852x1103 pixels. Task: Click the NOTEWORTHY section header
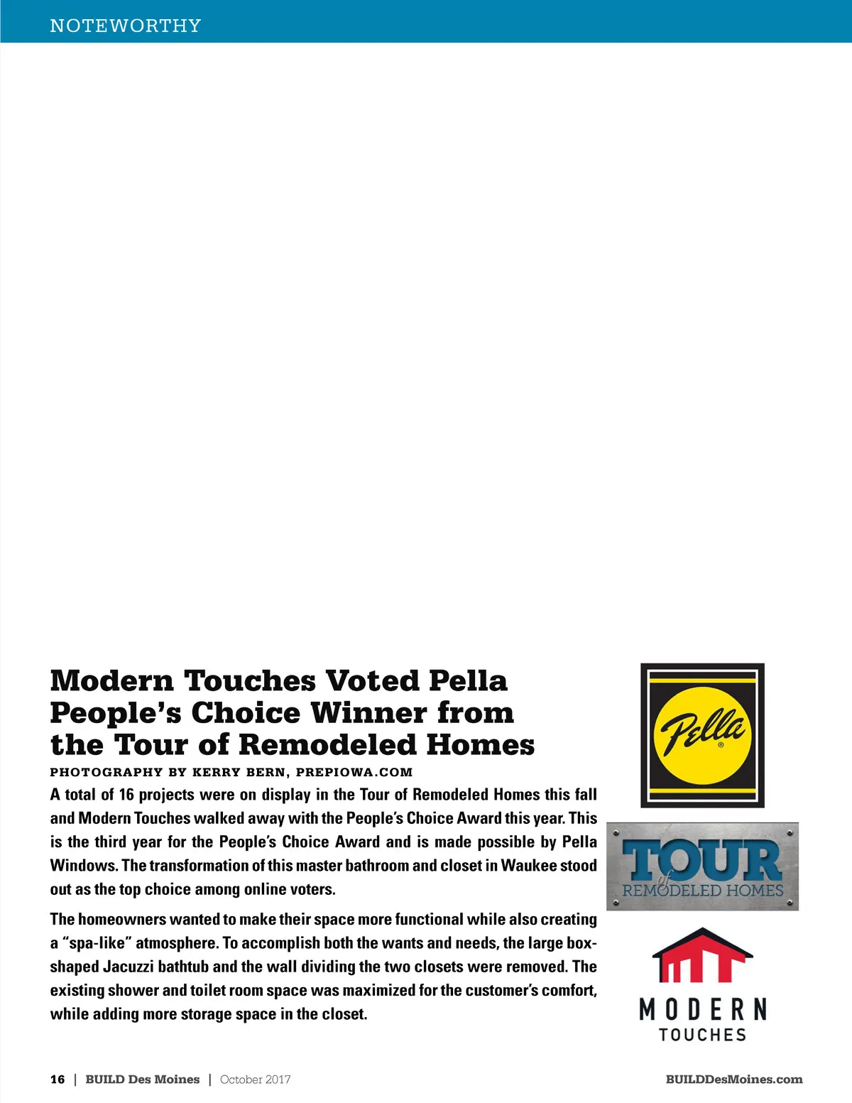point(126,26)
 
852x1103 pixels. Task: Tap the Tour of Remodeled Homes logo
point(702,866)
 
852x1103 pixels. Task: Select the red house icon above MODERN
point(702,955)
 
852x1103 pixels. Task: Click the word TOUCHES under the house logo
point(702,1035)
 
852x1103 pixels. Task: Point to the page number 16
point(58,1080)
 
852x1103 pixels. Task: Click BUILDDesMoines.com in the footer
point(734,1080)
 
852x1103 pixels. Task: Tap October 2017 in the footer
point(256,1080)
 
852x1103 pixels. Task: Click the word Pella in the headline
point(468,680)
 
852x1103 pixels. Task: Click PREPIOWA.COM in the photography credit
point(354,772)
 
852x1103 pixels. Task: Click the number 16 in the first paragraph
point(126,794)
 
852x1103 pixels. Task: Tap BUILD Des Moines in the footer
point(143,1080)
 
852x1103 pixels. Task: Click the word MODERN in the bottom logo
point(702,1009)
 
